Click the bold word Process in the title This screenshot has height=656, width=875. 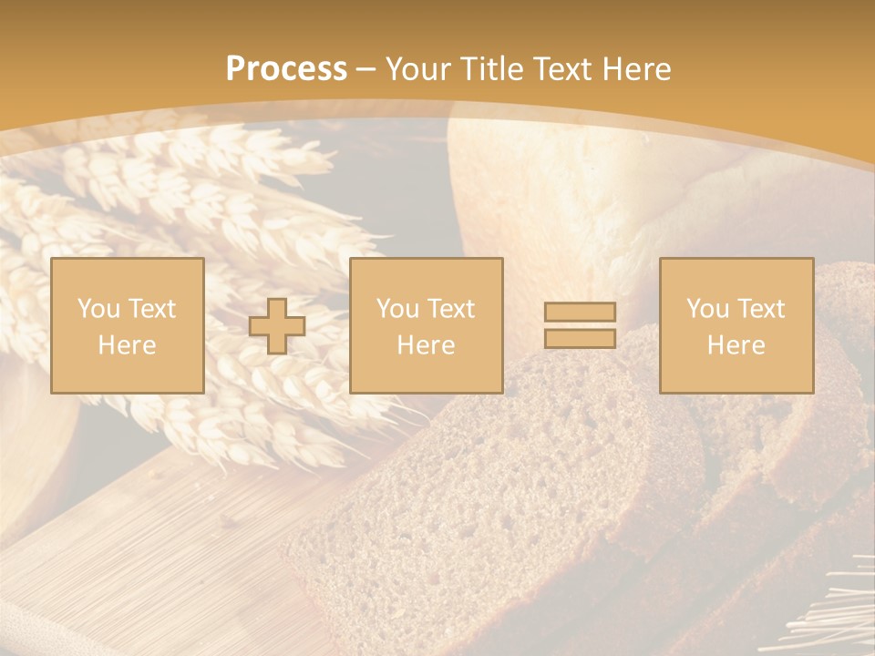pyautogui.click(x=286, y=68)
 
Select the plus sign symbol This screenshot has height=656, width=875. pyautogui.click(x=277, y=326)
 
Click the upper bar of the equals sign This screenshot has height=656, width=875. pyautogui.click(x=580, y=312)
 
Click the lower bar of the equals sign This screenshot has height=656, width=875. pyautogui.click(x=580, y=338)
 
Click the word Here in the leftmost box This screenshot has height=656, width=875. pyautogui.click(x=127, y=345)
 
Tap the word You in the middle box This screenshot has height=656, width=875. pyautogui.click(x=397, y=309)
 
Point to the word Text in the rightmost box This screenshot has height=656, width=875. pyautogui.click(x=761, y=309)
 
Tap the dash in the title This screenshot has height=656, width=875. pyautogui.click(x=366, y=68)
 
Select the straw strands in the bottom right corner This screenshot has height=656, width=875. pyautogui.click(x=834, y=620)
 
